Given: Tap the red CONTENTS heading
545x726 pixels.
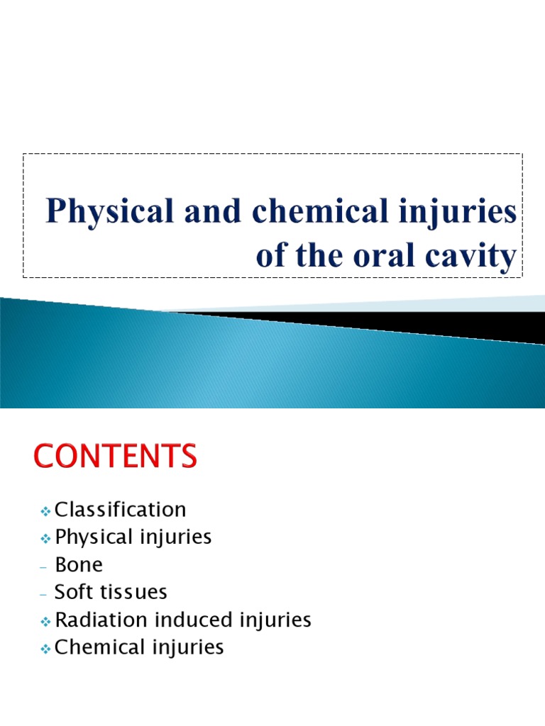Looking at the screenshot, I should tap(114, 456).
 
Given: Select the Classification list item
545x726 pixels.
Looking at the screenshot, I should tap(120, 509).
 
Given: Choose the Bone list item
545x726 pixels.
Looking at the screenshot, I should tap(78, 564).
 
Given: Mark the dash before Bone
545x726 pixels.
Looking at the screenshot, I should tap(45, 566).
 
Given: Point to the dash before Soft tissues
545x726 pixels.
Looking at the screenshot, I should tap(45, 593).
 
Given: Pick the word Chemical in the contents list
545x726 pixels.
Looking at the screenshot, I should tap(99, 647).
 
